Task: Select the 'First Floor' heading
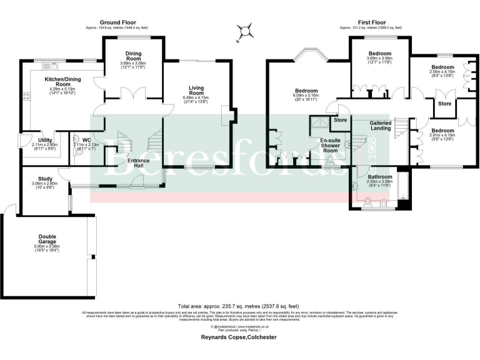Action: (370, 21)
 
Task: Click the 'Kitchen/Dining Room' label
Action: (61, 83)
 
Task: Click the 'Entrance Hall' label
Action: (139, 164)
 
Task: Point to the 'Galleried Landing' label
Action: (381, 126)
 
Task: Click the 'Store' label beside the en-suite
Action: (341, 119)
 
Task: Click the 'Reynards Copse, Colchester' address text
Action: (240, 336)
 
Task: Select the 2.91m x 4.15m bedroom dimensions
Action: (442, 134)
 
